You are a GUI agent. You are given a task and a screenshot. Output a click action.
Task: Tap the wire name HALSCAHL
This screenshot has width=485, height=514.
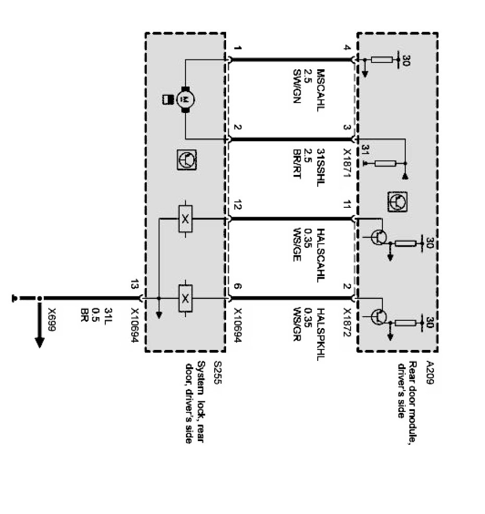[x=321, y=249]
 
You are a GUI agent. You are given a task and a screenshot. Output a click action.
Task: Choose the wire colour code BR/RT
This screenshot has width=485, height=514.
[x=297, y=158]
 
